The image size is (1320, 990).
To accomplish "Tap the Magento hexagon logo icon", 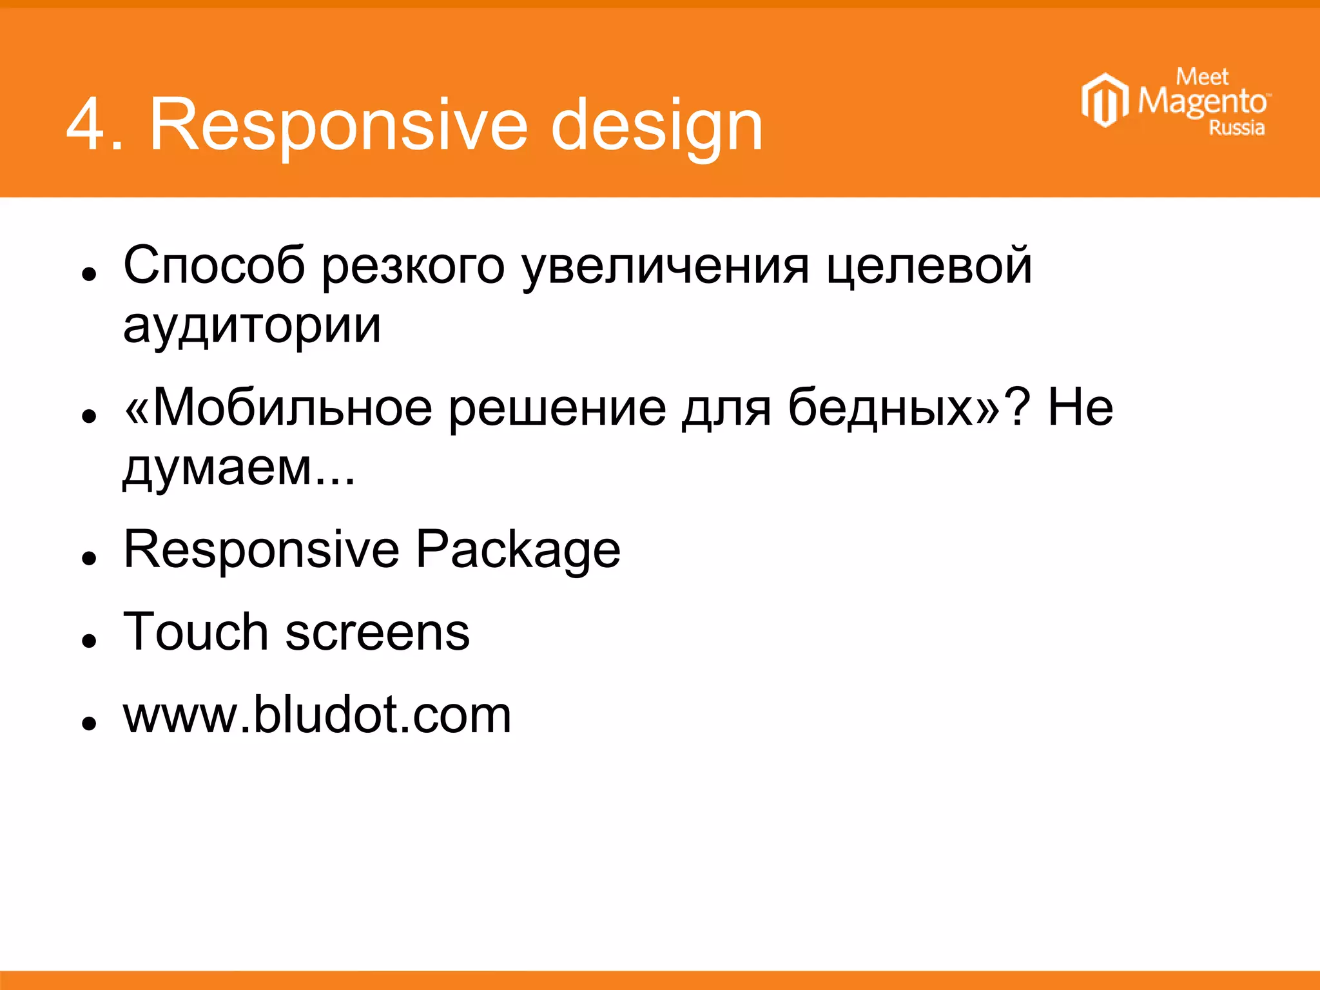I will click(x=1104, y=101).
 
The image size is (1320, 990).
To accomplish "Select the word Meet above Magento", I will click(x=1202, y=77).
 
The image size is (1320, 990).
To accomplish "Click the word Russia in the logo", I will click(x=1236, y=128).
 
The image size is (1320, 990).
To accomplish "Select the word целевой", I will click(x=929, y=266).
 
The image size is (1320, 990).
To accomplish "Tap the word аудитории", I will click(x=252, y=325).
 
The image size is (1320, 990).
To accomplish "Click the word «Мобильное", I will click(x=278, y=407).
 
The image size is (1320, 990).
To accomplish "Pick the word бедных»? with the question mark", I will click(x=909, y=407).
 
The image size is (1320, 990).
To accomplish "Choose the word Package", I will click(x=518, y=549).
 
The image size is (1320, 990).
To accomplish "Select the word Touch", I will click(x=195, y=632).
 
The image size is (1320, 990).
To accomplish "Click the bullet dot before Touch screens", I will click(x=89, y=641).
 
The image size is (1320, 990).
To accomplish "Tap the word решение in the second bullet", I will click(x=557, y=407).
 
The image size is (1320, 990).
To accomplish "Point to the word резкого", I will click(x=412, y=266).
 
